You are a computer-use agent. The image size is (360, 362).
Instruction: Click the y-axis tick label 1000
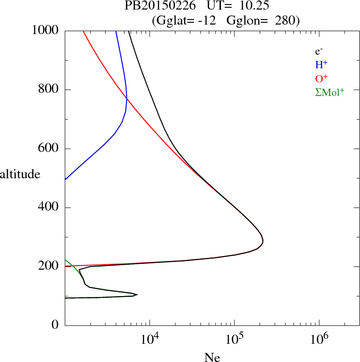coord(45,31)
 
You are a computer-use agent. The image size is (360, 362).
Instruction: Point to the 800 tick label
coord(49,90)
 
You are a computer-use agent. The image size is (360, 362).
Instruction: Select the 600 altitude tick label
coord(49,149)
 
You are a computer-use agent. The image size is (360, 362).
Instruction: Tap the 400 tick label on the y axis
coord(49,207)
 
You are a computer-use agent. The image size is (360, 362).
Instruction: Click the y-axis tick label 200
coord(49,266)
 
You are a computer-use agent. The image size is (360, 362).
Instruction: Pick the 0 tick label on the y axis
coord(55,325)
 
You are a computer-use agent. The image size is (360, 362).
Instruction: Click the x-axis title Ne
coord(212,357)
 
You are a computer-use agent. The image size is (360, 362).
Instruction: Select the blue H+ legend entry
coord(321,65)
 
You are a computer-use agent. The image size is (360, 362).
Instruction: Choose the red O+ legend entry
coord(321,78)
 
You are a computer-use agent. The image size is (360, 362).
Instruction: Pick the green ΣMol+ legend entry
coord(329,92)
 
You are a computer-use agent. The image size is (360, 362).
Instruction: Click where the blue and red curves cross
coord(127,99)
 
